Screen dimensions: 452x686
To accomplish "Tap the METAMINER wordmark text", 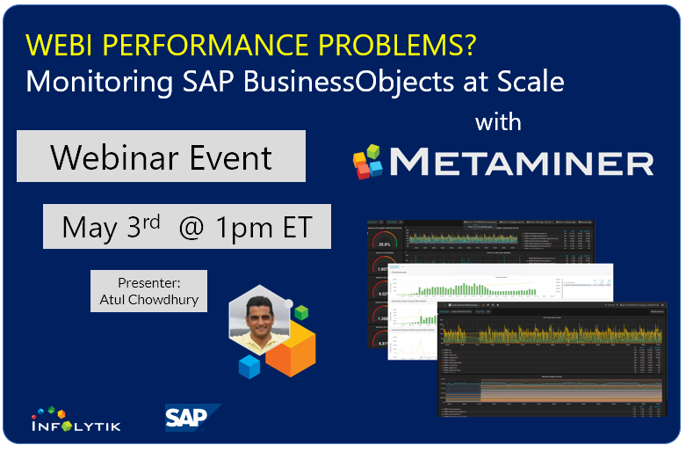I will (x=522, y=164).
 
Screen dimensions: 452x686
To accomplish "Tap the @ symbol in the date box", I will (x=191, y=228).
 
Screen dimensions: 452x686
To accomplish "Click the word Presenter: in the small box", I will (x=148, y=282).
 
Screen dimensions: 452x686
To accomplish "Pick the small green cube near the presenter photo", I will (x=301, y=311).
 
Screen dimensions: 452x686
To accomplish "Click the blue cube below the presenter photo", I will (x=249, y=367).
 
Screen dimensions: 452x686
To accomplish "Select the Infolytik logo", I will (x=75, y=419).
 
